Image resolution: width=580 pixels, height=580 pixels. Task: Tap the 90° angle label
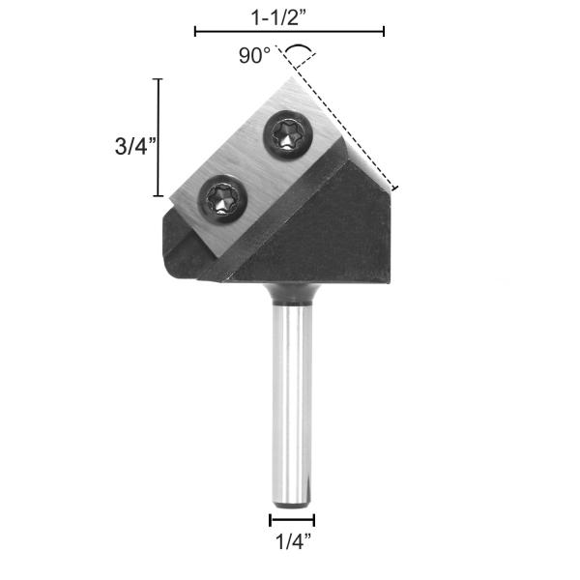click(255, 56)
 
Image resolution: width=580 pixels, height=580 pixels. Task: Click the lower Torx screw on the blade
click(223, 200)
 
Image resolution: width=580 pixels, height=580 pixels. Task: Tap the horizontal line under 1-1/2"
click(289, 32)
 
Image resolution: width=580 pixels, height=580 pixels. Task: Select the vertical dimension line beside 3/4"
click(159, 137)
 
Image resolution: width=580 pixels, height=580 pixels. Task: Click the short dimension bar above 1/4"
click(292, 520)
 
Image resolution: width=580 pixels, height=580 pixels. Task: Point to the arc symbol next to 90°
click(299, 48)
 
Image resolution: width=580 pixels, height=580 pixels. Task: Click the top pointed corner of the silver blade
click(286, 80)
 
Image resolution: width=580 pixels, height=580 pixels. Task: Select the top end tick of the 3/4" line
click(159, 79)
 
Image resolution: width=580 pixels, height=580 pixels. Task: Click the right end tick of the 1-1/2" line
click(384, 32)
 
